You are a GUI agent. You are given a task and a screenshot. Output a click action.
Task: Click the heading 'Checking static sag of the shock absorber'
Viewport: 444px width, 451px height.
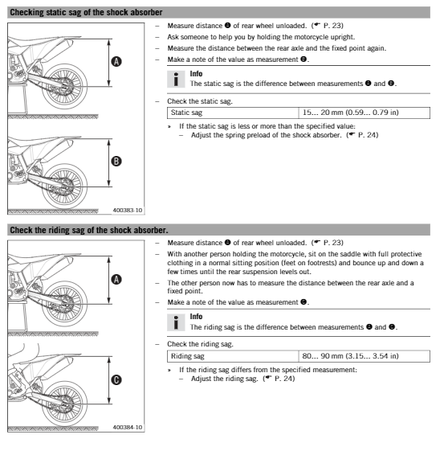click(x=86, y=12)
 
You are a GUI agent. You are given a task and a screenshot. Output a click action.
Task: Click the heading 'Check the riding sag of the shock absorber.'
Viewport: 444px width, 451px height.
click(x=89, y=230)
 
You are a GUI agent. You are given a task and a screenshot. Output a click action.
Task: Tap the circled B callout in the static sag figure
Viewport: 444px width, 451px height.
click(x=116, y=161)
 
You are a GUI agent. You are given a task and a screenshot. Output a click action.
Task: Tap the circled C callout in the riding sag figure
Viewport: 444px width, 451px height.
click(x=116, y=379)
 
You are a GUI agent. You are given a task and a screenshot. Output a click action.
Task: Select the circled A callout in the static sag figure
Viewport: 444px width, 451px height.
click(x=116, y=61)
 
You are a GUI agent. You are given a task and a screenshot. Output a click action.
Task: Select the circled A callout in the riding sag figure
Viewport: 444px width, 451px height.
click(x=116, y=279)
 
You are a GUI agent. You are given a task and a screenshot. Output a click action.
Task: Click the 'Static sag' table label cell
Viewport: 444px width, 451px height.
click(x=233, y=113)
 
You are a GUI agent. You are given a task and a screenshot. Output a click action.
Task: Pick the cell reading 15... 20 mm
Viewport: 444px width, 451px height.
click(x=365, y=113)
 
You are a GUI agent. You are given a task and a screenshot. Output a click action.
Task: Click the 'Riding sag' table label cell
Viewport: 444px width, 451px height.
click(x=233, y=356)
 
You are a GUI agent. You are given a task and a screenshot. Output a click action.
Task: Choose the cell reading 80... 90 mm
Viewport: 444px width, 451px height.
click(x=365, y=356)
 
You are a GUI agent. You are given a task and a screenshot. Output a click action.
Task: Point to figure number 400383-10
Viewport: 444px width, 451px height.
click(x=128, y=211)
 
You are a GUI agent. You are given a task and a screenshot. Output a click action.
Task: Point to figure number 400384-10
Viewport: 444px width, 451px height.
click(x=128, y=428)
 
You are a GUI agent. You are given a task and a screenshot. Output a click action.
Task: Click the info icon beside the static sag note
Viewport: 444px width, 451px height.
click(x=176, y=79)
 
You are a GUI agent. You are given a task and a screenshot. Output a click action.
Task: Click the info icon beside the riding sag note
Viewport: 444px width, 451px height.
click(x=176, y=322)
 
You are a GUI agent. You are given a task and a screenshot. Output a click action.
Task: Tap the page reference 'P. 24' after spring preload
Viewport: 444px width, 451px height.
click(x=368, y=135)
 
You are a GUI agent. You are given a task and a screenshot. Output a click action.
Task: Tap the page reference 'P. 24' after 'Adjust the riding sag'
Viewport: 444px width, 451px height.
click(x=284, y=379)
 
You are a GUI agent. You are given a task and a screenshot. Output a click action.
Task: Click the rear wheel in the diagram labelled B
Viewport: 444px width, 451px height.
click(x=64, y=186)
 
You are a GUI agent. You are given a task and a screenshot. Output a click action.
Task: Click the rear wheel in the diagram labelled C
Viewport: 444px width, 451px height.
click(x=64, y=404)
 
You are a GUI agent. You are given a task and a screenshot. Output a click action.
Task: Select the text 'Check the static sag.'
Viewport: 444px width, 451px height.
click(x=200, y=101)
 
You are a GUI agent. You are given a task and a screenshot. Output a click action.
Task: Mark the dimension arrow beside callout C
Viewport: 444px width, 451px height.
click(x=109, y=380)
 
